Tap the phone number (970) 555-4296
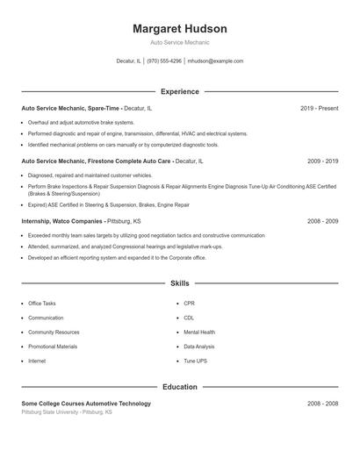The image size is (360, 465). point(164,61)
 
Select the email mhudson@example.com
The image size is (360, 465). point(216,61)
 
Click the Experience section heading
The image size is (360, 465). point(179,91)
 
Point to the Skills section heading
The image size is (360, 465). point(179,283)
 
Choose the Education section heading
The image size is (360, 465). point(179,386)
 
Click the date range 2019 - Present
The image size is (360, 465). point(319,108)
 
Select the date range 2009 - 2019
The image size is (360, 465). point(322,161)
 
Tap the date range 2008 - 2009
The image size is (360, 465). point(322,222)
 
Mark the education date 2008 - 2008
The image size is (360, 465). point(322,404)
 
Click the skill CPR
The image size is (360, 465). point(189,304)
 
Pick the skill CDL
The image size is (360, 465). point(189,318)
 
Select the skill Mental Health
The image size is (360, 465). point(199,333)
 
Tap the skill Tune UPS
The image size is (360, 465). point(196,361)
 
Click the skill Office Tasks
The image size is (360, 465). point(41,304)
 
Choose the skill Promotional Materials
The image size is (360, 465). point(53,347)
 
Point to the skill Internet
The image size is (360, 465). point(37,361)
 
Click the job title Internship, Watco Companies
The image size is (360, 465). point(62,222)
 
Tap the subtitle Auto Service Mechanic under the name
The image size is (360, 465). point(179,42)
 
